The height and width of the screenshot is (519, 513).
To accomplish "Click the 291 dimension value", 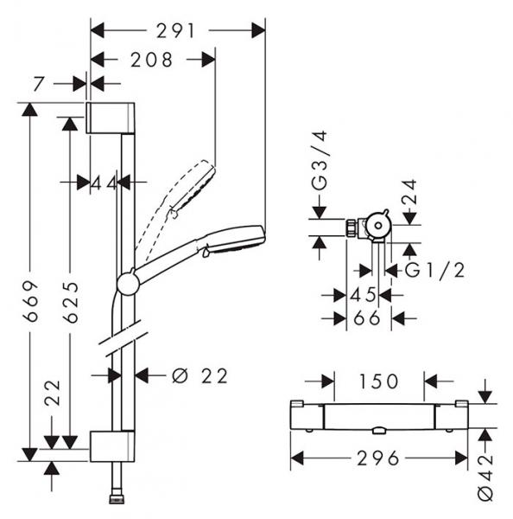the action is point(175,31).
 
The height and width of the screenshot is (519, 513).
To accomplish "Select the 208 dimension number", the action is point(151,60).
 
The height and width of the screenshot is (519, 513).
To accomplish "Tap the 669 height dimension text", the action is point(30,301).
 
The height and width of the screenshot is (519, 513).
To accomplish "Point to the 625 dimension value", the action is point(71,302).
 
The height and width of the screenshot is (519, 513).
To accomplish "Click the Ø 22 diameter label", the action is point(199,375).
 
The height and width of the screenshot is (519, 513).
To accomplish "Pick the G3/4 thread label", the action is point(320,161).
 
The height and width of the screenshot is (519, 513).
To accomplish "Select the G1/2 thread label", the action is point(435,271).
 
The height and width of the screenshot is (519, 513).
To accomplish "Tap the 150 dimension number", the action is point(378,381).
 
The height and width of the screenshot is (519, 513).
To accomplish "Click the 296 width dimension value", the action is point(377,458).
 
